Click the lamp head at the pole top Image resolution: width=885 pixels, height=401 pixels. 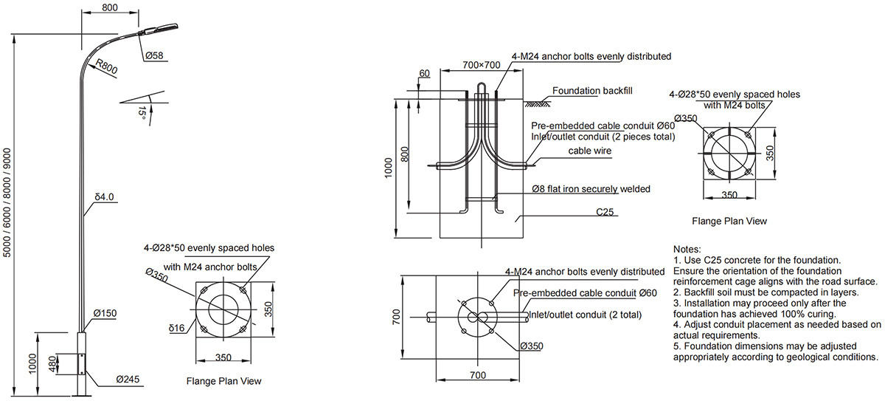click(158, 30)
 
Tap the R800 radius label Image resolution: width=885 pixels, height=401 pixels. click(107, 66)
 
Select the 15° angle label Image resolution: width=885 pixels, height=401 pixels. click(142, 113)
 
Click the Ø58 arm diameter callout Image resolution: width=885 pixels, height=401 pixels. click(154, 56)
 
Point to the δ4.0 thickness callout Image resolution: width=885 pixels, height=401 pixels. click(104, 197)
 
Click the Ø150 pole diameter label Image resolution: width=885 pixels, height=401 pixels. click(105, 313)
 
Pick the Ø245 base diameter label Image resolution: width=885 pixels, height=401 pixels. click(128, 380)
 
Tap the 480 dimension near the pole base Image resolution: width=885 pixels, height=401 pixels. click(52, 364)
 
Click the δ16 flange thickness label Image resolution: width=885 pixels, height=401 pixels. click(176, 328)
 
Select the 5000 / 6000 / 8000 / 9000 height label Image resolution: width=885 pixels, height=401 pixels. click(7, 202)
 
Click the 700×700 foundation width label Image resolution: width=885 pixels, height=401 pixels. click(482, 65)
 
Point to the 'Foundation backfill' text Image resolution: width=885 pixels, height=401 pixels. click(592, 91)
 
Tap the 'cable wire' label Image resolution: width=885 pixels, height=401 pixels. click(590, 151)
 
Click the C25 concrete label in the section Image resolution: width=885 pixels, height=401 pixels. click(605, 212)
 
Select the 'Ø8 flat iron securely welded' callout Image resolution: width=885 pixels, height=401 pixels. click(591, 189)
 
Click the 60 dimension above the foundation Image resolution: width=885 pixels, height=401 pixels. click(424, 73)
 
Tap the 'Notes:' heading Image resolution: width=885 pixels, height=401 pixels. click(687, 249)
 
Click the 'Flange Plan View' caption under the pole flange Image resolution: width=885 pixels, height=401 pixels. click(223, 381)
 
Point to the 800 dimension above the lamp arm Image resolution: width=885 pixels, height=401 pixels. click(110, 7)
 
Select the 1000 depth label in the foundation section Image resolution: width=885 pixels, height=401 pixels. click(389, 168)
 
